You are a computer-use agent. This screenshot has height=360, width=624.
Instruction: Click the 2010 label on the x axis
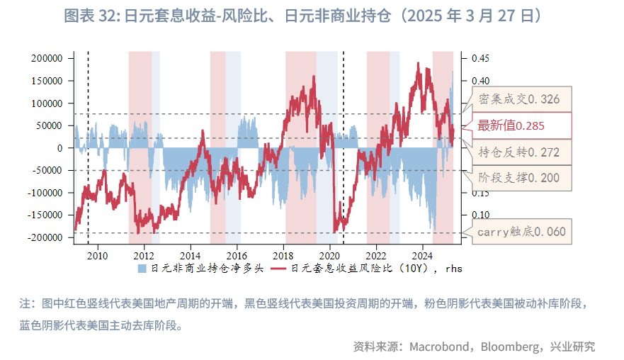pos(97,255)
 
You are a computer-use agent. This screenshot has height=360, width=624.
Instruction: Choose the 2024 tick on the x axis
pos(423,255)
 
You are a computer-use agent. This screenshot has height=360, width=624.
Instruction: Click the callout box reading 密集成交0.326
pos(519,99)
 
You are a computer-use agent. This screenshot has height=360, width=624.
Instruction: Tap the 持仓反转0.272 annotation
pos(519,152)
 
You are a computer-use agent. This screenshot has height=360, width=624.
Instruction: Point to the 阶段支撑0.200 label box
pos(519,177)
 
